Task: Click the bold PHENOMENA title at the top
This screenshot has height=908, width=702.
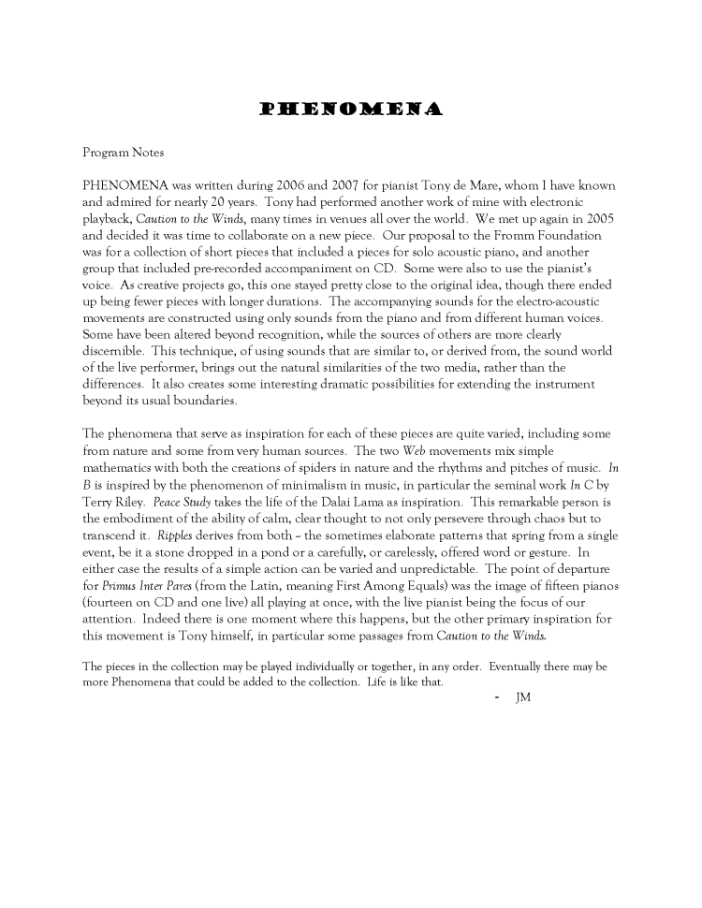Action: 349,110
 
